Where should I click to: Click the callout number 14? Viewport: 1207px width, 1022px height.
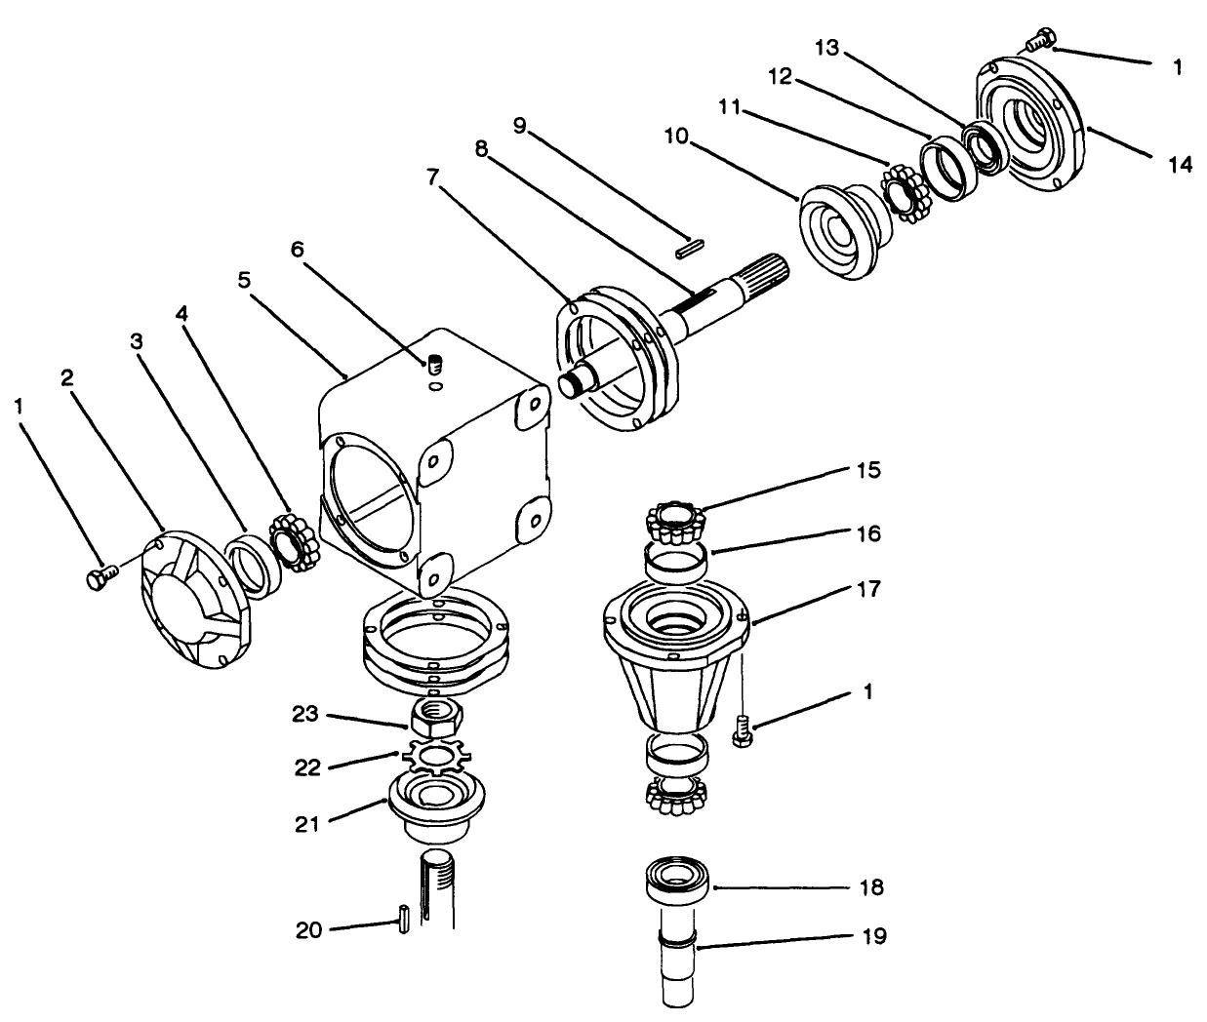pos(1180,165)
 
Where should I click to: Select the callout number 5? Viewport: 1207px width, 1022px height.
pos(244,280)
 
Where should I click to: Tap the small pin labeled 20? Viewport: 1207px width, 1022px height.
pos(402,919)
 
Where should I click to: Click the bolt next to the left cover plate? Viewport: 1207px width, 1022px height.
pos(101,576)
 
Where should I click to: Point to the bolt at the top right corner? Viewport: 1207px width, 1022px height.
pos(1041,39)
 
